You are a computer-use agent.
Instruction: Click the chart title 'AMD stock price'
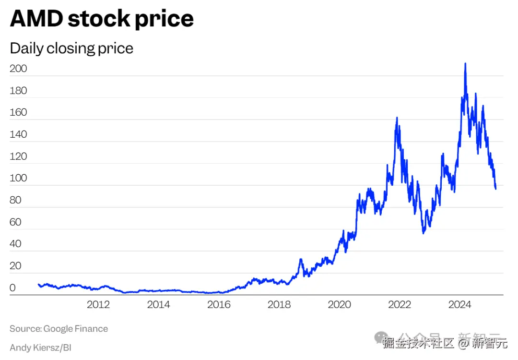pyautogui.click(x=102, y=19)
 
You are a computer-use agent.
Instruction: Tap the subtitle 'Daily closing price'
pyautogui.click(x=71, y=48)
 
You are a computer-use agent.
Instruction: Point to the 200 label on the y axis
pyautogui.click(x=18, y=69)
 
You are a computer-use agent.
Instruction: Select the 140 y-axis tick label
pyautogui.click(x=18, y=135)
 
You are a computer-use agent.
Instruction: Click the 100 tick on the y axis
pyautogui.click(x=18, y=179)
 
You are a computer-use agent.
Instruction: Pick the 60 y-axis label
pyautogui.click(x=15, y=222)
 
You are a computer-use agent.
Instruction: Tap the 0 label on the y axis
pyautogui.click(x=12, y=288)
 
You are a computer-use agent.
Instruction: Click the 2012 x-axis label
pyautogui.click(x=98, y=305)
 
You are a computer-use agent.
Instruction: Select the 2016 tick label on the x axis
pyautogui.click(x=219, y=305)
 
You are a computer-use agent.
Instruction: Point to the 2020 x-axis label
pyautogui.click(x=339, y=305)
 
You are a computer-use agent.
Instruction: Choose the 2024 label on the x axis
pyautogui.click(x=459, y=305)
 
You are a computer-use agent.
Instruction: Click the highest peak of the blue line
pyautogui.click(x=465, y=64)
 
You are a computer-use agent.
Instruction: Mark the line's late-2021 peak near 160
pyautogui.click(x=397, y=118)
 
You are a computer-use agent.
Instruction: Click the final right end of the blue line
pyautogui.click(x=495, y=188)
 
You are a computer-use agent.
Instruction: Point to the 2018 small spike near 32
pyautogui.click(x=301, y=260)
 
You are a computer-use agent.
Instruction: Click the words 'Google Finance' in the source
pyautogui.click(x=76, y=329)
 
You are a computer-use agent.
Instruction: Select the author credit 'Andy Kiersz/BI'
pyautogui.click(x=40, y=347)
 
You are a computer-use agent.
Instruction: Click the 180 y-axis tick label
pyautogui.click(x=18, y=91)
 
